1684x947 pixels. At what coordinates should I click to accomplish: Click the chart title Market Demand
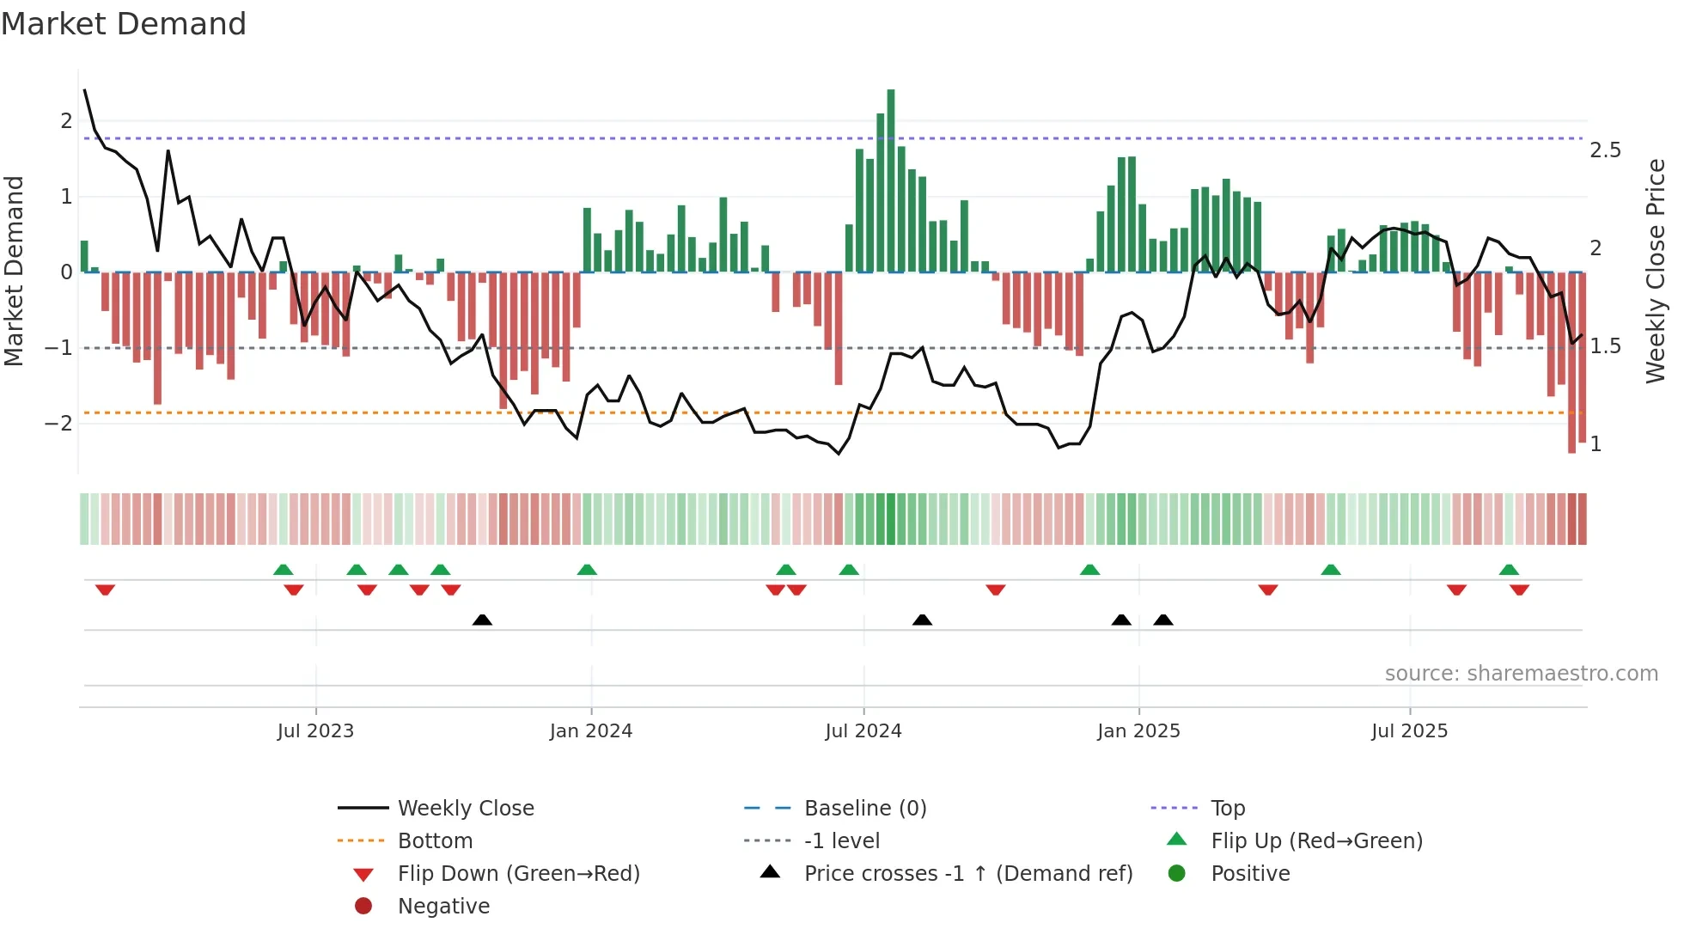[124, 24]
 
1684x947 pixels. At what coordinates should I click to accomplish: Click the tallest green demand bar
[891, 180]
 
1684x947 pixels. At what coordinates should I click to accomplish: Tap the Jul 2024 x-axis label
[863, 731]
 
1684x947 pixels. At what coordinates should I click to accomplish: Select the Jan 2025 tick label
[1138, 731]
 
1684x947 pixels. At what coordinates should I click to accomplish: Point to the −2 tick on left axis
[58, 423]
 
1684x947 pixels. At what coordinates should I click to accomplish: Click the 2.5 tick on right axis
[1605, 150]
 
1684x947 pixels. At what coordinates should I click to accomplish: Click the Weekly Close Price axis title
[1656, 271]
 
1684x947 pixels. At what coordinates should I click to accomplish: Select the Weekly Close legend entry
[465, 809]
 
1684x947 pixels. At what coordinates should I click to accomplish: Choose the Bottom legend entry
[435, 841]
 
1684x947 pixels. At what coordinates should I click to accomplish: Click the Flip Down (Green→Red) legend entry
[518, 874]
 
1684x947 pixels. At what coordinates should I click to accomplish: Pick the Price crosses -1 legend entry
[968, 874]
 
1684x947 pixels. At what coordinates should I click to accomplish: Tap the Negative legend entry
[443, 907]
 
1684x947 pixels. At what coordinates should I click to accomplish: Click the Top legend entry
[1228, 809]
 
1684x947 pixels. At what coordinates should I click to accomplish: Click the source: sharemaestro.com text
[1521, 674]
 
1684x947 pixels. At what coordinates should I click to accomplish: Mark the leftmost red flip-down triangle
[105, 590]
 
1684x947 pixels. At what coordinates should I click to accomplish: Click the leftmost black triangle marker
[482, 620]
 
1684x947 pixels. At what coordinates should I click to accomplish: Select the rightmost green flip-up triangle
[1509, 570]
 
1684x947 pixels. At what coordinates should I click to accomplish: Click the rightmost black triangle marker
[1163, 620]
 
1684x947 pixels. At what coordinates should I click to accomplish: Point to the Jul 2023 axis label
[315, 731]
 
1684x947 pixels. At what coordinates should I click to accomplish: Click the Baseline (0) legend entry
[864, 809]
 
